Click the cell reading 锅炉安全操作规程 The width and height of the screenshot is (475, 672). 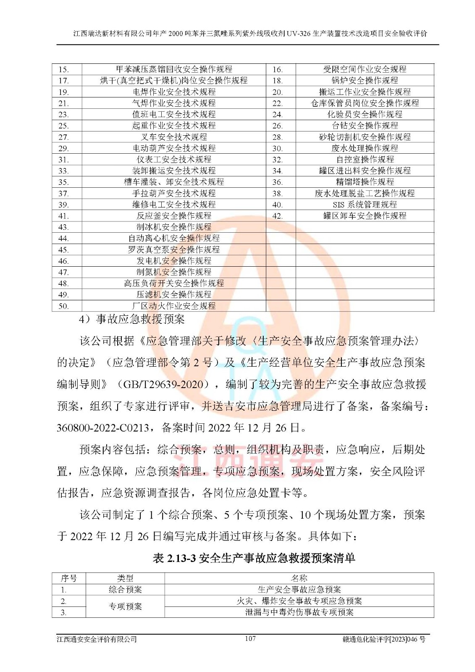coord(365,80)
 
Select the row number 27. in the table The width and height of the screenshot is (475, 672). coord(64,137)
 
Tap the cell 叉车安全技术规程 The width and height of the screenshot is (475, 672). coord(174,137)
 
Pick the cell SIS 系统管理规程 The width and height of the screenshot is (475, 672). coord(365,205)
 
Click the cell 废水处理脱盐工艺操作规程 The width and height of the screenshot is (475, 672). coord(365,193)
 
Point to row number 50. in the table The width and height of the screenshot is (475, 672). coord(64,306)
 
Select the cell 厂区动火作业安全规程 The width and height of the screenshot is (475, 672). coord(174,306)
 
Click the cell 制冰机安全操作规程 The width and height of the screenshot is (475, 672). coord(174,227)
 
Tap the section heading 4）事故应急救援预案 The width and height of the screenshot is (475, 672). coord(132,320)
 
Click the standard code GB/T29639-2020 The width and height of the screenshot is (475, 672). coord(166,384)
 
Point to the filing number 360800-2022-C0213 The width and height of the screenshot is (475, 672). coord(103,428)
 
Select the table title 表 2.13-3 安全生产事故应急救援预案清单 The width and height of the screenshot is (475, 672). coord(254,558)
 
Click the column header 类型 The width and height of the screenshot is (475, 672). coord(125,578)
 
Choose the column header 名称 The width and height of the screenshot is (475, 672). coord(299,578)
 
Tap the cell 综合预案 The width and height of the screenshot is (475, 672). coord(125,590)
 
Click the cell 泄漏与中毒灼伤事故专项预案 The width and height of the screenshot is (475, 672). coord(299,612)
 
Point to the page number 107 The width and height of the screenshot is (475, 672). coord(250,639)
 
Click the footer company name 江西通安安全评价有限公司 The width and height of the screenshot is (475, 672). coord(97,639)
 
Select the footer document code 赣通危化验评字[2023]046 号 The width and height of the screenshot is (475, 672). coord(384,639)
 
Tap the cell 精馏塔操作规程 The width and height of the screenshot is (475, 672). coord(365,182)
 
